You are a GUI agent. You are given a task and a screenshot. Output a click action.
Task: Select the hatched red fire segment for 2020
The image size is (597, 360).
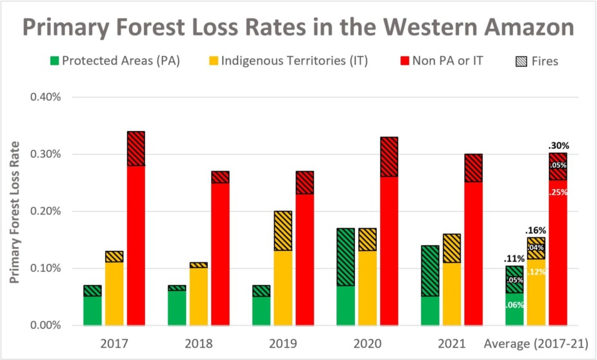389,157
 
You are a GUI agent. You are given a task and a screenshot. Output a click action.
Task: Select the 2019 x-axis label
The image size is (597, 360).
283,343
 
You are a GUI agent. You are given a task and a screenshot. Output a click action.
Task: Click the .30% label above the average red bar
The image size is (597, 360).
558,146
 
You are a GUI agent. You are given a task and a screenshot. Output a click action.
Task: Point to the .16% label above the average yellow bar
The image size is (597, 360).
536,229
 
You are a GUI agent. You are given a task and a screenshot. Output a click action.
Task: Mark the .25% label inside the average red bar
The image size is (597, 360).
558,192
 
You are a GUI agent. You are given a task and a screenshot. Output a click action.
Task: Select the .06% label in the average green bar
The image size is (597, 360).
515,305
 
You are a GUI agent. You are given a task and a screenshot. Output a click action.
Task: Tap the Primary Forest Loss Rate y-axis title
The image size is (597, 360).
15,212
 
